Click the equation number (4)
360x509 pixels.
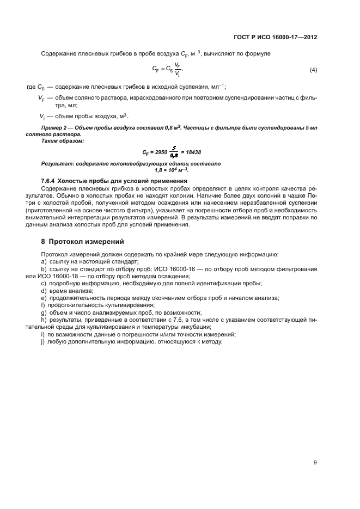pos(313,70)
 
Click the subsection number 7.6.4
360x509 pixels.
pos(50,181)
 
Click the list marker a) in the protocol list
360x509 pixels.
pos(44,262)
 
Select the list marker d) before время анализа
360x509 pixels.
pos(44,291)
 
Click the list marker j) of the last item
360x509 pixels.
pos(43,341)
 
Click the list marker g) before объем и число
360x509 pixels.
pos(44,312)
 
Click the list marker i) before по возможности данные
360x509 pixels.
pos(43,334)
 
